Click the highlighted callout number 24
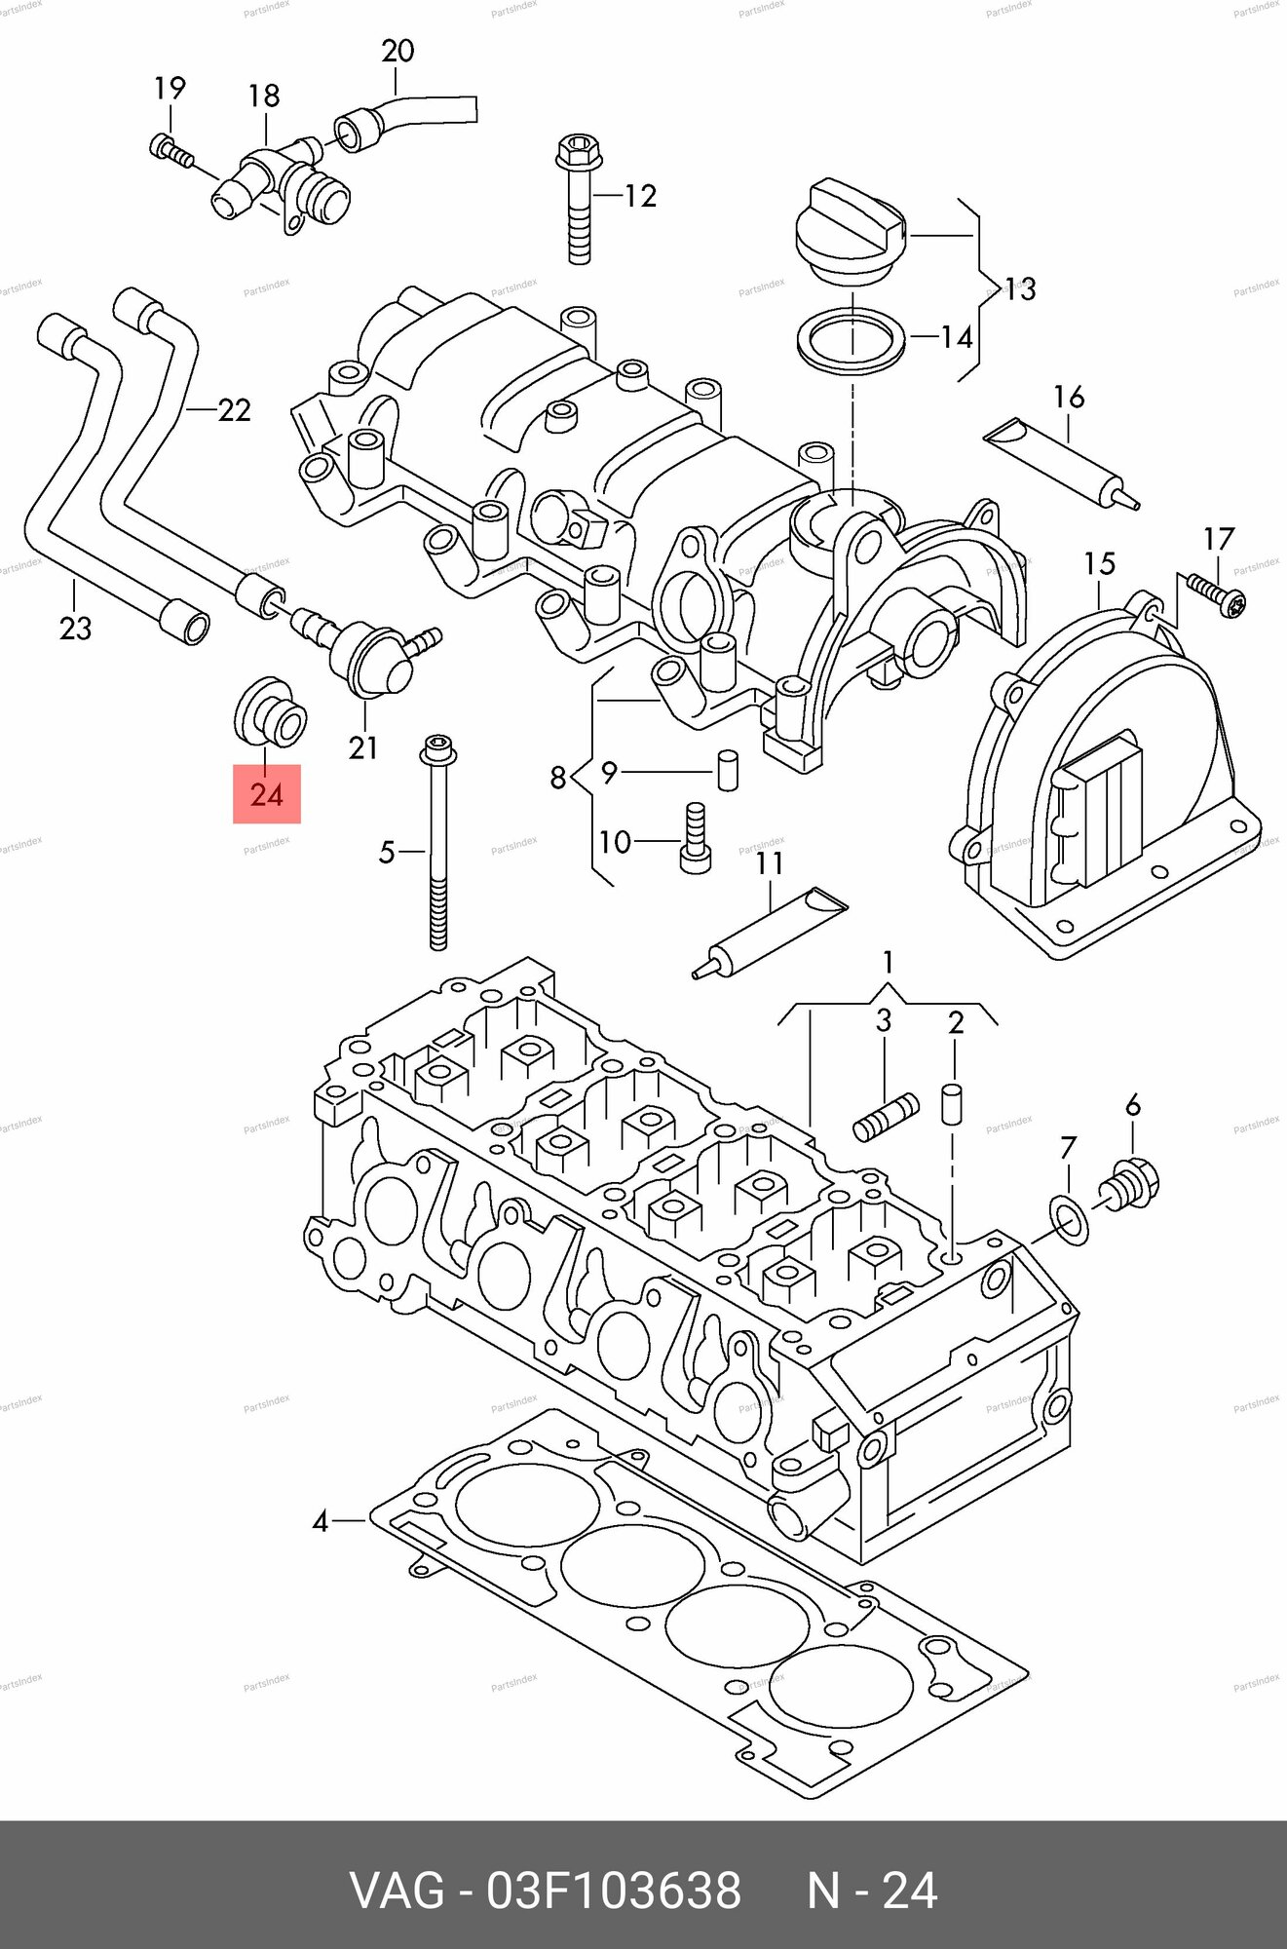point(266,794)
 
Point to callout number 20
point(397,51)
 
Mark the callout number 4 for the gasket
point(321,1520)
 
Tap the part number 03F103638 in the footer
point(614,1890)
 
